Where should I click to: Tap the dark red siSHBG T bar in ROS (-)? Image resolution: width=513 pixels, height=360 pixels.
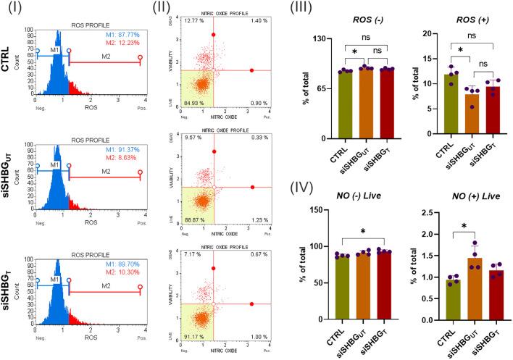370,104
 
